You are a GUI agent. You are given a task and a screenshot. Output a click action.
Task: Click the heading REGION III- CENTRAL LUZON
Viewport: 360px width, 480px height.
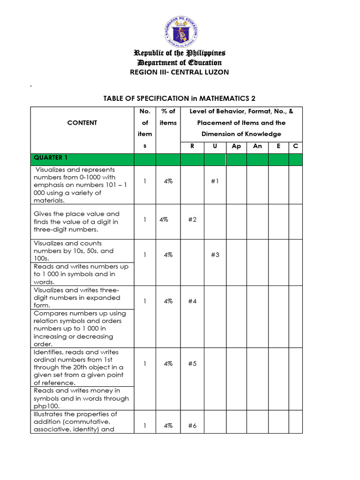pyautogui.click(x=180, y=72)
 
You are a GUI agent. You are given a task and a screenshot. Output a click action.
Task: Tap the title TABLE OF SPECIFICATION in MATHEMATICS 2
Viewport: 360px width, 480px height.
pyautogui.click(x=180, y=98)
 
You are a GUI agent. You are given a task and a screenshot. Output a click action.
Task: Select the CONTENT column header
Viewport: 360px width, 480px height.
pyautogui.click(x=82, y=123)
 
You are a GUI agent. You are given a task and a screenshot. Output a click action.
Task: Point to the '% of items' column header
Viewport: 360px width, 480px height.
pyautogui.click(x=168, y=117)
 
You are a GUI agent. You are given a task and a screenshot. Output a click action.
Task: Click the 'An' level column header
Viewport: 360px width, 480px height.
pyautogui.click(x=257, y=146)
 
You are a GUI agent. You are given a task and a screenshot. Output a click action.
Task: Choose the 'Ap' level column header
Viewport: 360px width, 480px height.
pyautogui.click(x=236, y=146)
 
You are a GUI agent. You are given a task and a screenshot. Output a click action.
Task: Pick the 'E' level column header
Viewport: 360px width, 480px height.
pyautogui.click(x=278, y=146)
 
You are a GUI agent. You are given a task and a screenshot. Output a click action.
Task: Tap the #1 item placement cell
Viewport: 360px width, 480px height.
pyautogui.click(x=215, y=181)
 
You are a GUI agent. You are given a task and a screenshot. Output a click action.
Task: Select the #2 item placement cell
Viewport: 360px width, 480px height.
pyautogui.click(x=192, y=219)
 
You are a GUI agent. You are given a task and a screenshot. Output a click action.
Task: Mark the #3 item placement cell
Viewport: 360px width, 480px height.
pyautogui.click(x=215, y=255)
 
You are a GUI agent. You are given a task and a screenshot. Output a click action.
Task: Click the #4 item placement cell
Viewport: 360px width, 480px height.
pyautogui.click(x=192, y=301)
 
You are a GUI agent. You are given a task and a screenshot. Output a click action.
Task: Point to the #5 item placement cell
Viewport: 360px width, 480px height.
pyautogui.click(x=192, y=363)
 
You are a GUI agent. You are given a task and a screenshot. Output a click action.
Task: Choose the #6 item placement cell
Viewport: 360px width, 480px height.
pyautogui.click(x=192, y=426)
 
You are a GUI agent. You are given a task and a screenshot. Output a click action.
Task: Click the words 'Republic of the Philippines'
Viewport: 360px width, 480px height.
pyautogui.click(x=180, y=53)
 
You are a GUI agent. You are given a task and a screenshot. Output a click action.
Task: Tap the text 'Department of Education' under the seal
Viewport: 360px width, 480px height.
pyautogui.click(x=180, y=63)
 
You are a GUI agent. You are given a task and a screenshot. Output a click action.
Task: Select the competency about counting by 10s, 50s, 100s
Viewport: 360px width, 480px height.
pyautogui.click(x=74, y=251)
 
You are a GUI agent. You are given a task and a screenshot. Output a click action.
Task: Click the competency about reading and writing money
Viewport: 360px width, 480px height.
pyautogui.click(x=81, y=398)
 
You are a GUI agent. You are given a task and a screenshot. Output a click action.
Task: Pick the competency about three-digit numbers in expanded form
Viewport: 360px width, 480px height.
pyautogui.click(x=77, y=298)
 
